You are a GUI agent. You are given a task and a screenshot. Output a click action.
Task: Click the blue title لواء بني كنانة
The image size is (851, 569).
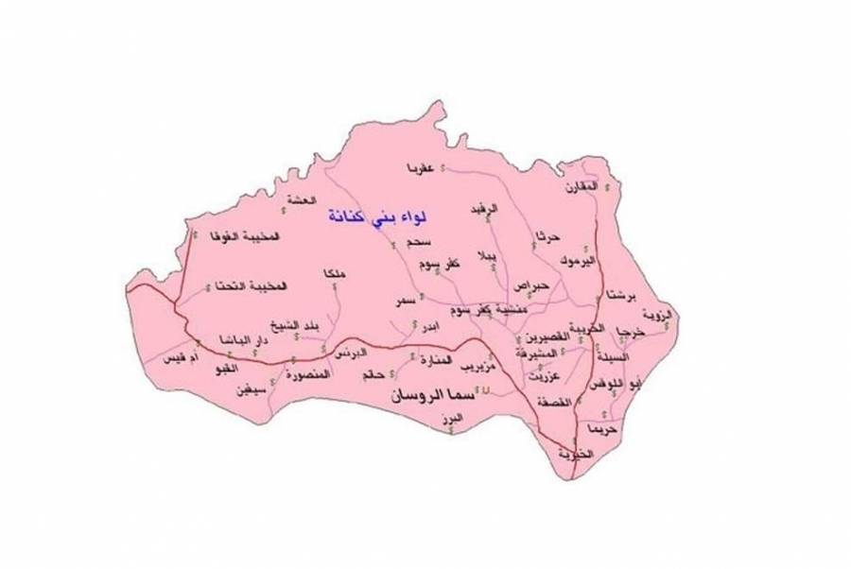[374, 218]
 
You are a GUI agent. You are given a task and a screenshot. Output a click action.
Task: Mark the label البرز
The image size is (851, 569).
[457, 417]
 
